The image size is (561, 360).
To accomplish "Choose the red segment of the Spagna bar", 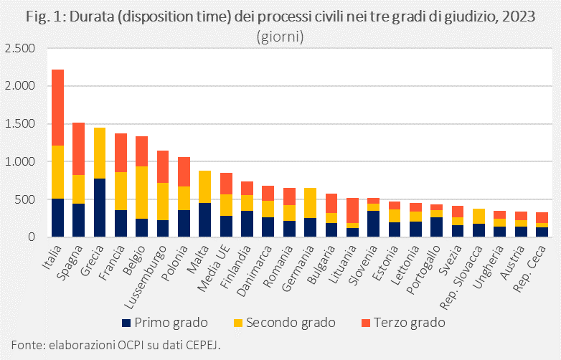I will pos(79,148).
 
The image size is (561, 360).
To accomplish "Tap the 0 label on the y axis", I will pos(29,237).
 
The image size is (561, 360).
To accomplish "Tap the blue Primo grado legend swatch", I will pos(127,323).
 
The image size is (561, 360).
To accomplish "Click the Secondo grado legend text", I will pos(291,323).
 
